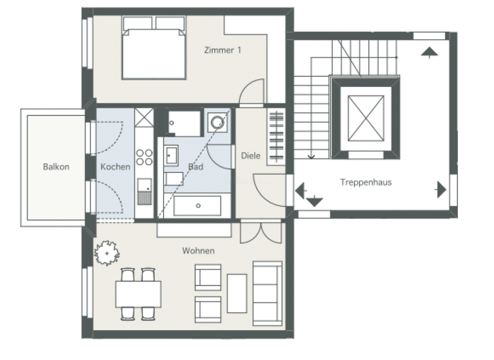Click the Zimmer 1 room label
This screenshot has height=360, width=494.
222,50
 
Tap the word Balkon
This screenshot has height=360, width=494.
56,166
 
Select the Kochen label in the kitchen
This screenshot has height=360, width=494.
115,166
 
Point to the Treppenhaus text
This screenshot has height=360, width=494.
365,182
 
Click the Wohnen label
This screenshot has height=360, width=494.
198,251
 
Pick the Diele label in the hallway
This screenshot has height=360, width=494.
250,156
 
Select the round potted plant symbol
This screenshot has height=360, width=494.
106,253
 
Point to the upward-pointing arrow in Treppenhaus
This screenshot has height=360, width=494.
428,52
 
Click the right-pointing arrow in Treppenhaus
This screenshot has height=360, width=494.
441,190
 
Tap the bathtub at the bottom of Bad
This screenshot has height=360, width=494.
197,206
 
